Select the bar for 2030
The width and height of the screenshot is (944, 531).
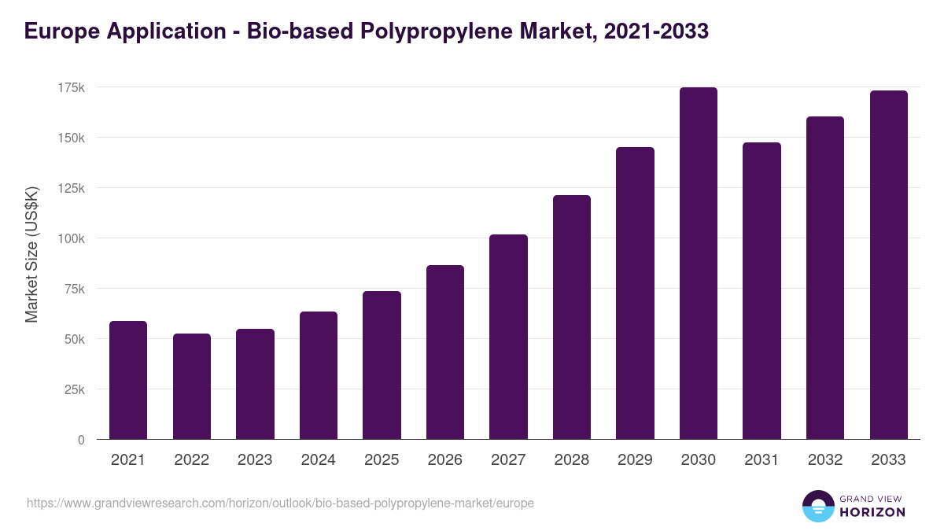tap(698, 264)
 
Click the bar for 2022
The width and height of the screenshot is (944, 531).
tap(192, 386)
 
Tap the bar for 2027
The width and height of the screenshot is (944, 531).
tap(508, 337)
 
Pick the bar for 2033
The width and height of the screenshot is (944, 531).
tap(888, 265)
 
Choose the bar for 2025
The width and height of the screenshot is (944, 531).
tap(382, 365)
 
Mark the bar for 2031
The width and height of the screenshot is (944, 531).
tap(761, 291)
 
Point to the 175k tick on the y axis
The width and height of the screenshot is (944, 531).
tap(71, 87)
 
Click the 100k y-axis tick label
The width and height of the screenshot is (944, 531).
tap(71, 238)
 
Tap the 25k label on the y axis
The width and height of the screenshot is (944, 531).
tap(73, 389)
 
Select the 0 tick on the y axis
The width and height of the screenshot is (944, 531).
tap(81, 440)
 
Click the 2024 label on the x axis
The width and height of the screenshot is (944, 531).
tap(318, 460)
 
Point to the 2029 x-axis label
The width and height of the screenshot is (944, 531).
tap(635, 460)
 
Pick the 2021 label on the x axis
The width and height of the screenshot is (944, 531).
tap(127, 460)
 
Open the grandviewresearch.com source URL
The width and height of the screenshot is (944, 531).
tap(280, 503)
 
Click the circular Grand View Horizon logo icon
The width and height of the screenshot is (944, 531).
tap(818, 506)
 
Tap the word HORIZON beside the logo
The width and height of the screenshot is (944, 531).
tap(873, 512)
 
